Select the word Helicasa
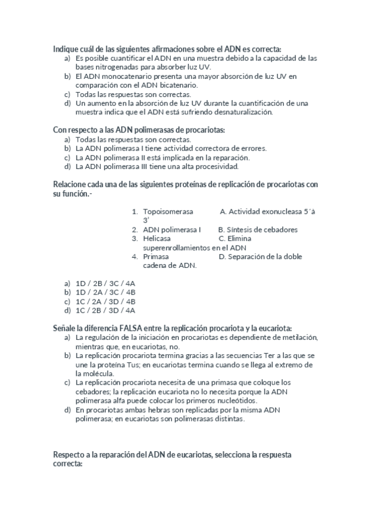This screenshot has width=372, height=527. point(157,238)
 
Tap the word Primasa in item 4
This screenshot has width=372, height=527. point(156,256)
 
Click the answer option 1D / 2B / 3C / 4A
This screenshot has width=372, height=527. point(105,283)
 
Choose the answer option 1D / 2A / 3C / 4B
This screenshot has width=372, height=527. point(105,291)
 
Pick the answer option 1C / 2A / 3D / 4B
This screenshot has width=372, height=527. point(105,301)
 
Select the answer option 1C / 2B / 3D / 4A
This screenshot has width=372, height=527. point(105,309)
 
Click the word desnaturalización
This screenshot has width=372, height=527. point(240,112)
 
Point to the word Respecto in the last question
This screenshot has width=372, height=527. point(70,455)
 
